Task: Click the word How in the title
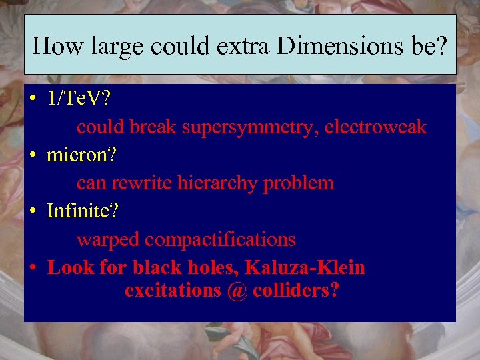[x=55, y=45]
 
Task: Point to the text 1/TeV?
[x=79, y=99]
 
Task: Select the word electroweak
[x=375, y=127]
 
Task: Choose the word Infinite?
[x=83, y=211]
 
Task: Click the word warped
[x=109, y=239]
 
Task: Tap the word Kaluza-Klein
[x=305, y=267]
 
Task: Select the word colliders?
[x=295, y=291]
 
